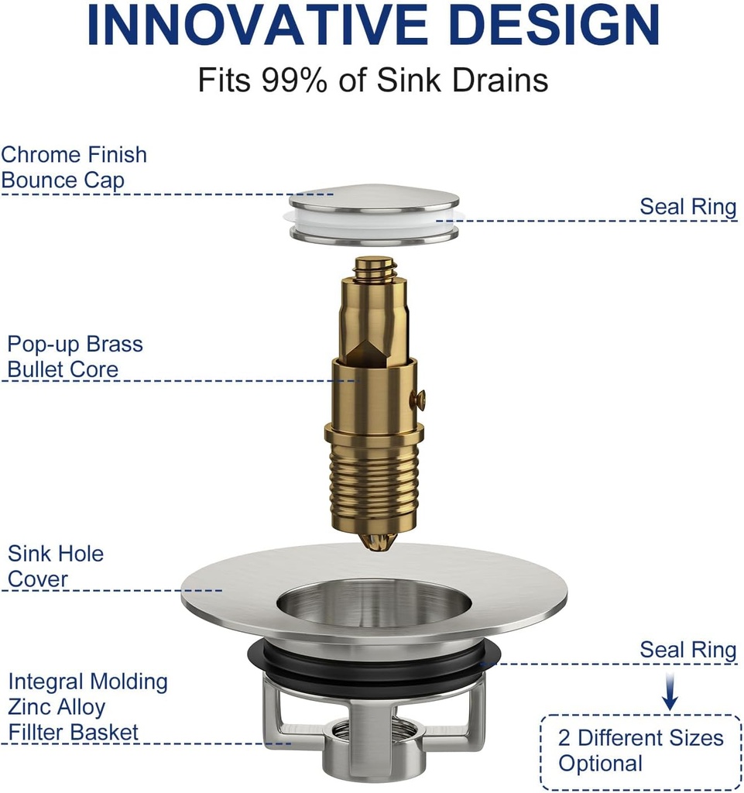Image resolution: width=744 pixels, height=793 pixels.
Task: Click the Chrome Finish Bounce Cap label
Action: [74, 167]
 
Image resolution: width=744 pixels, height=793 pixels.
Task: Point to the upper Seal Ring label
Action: [687, 207]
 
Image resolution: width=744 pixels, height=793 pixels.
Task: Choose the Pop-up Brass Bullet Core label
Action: [74, 356]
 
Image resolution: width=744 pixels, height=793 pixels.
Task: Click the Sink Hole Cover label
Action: [55, 566]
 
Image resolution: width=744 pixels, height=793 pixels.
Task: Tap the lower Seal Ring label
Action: [687, 651]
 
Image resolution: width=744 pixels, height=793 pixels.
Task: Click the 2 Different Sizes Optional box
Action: [639, 750]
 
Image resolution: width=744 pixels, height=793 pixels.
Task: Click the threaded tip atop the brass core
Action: [375, 267]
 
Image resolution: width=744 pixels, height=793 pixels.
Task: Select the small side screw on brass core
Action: [420, 400]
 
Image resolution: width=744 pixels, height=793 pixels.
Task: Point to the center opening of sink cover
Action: [374, 601]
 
